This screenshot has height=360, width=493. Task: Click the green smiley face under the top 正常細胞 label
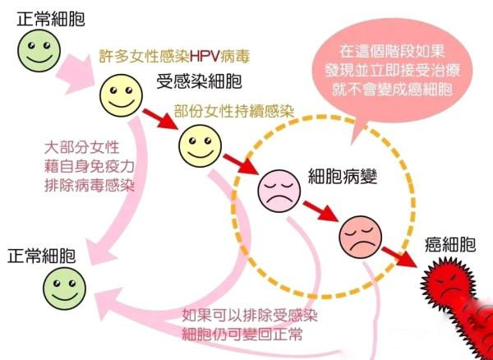point(39,51)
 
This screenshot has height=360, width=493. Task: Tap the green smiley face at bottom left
point(64,288)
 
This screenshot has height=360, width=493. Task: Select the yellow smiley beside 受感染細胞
point(121,95)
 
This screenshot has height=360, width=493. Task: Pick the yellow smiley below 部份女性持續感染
point(200,145)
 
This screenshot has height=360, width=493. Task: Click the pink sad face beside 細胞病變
point(279,191)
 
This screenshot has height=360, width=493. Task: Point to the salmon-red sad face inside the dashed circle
point(361,237)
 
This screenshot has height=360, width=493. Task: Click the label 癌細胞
point(450,245)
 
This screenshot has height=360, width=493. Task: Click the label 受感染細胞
point(200,81)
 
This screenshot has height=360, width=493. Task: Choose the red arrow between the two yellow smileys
point(159,118)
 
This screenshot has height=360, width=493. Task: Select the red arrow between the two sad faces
point(320,211)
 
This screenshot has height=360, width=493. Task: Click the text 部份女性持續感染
point(234,111)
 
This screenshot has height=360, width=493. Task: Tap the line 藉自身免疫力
point(90,166)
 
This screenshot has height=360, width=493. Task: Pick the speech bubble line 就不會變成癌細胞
point(392,90)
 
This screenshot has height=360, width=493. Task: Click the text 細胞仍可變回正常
point(242,334)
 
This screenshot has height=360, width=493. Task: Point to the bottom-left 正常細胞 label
point(42,256)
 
